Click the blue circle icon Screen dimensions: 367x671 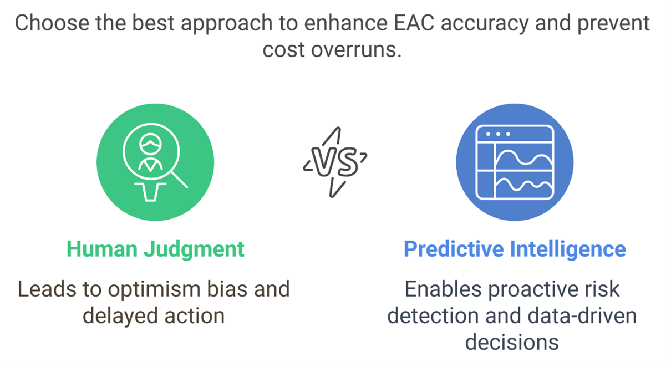click(x=515, y=162)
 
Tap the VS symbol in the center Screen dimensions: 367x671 click(x=335, y=162)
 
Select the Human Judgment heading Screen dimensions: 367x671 click(x=155, y=249)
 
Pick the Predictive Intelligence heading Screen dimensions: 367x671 click(x=514, y=249)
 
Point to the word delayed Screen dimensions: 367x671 click(x=117, y=315)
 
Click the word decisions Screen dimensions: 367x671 click(x=512, y=342)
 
